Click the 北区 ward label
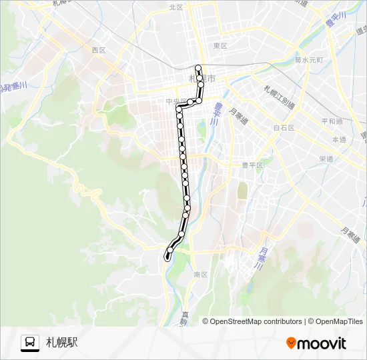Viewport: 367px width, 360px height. [175, 7]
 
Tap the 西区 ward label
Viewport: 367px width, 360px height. [99, 50]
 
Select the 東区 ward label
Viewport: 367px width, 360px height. [220, 45]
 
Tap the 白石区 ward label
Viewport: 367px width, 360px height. [284, 127]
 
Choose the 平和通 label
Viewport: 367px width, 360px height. [331, 121]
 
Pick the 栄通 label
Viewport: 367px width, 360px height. [326, 159]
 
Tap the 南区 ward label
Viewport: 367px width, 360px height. [201, 274]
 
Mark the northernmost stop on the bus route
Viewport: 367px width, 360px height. [198, 68]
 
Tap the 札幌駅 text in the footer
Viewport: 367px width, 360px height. [62, 343]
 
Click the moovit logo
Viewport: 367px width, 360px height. [316, 343]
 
